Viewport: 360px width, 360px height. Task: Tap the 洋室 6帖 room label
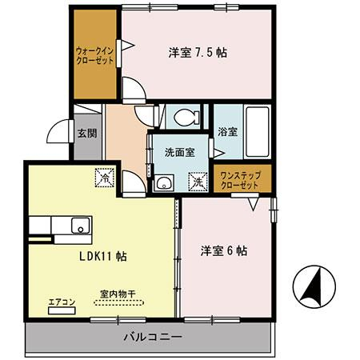[x=223, y=250]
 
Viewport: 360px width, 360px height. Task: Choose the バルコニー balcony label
[x=152, y=337]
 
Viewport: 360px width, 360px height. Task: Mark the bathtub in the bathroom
[x=255, y=131]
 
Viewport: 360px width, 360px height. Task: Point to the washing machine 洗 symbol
[x=198, y=182]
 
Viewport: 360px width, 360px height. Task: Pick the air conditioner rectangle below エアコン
[x=62, y=309]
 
